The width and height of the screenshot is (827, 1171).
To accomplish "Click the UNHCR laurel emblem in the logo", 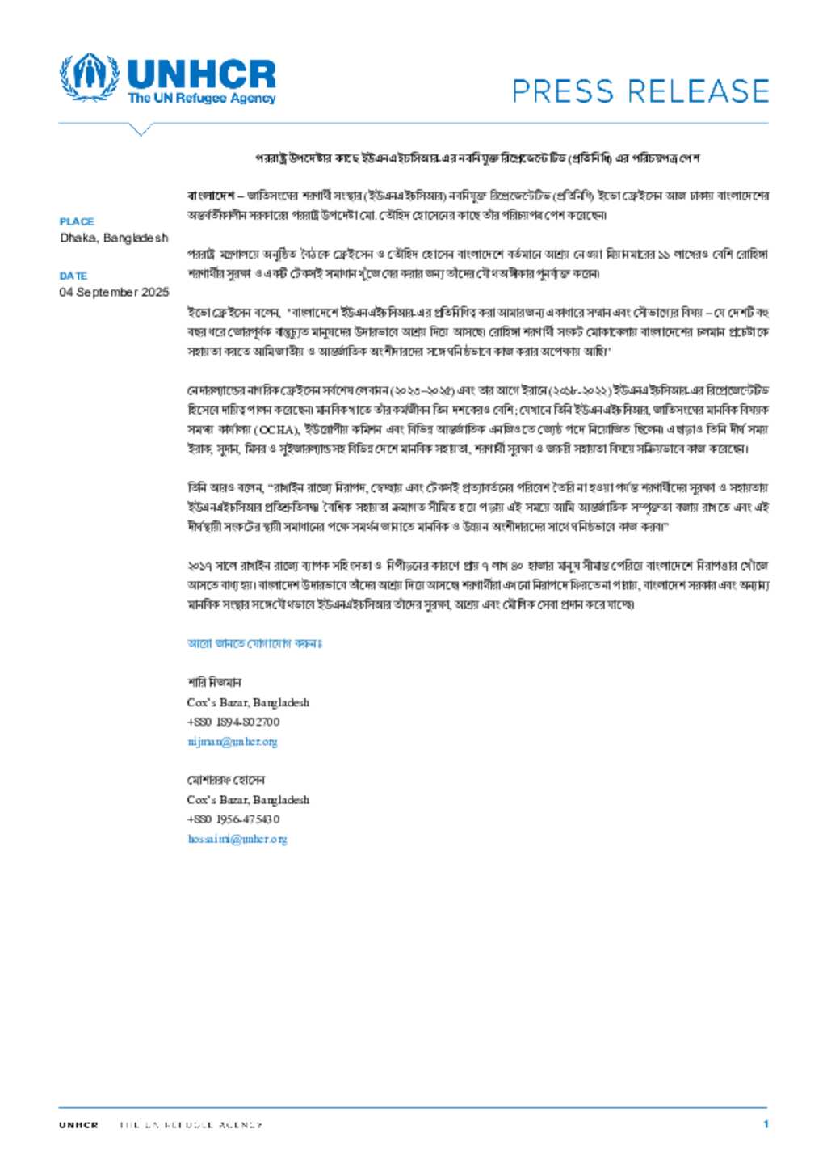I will click(x=89, y=78).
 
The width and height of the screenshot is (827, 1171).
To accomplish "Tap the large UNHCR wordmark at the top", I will click(x=201, y=74).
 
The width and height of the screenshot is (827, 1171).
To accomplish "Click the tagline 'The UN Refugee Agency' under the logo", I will click(x=201, y=99).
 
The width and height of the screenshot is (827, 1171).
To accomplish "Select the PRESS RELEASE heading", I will click(x=640, y=91).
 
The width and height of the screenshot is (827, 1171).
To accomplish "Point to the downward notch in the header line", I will click(x=141, y=129).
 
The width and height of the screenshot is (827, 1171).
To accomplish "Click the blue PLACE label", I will click(x=77, y=221).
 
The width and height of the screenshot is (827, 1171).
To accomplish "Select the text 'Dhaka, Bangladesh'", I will click(x=114, y=238).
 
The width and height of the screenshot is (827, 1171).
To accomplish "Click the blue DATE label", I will click(x=73, y=276).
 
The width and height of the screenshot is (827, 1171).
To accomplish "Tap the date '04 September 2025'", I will click(x=114, y=292).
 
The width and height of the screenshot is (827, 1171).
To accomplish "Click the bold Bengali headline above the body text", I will click(x=477, y=158).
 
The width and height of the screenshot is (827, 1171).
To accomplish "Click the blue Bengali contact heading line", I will click(x=254, y=643).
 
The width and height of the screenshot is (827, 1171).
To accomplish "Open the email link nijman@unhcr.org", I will click(x=232, y=741).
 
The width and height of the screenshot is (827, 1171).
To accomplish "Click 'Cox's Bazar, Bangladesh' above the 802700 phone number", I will click(x=248, y=702).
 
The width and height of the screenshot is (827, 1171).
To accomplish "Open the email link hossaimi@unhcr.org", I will click(x=237, y=839).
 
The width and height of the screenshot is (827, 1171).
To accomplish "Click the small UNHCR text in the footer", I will click(x=78, y=1124).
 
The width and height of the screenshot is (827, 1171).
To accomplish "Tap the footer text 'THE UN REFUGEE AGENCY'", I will click(x=191, y=1124).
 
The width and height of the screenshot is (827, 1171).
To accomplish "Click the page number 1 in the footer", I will click(x=766, y=1123).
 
